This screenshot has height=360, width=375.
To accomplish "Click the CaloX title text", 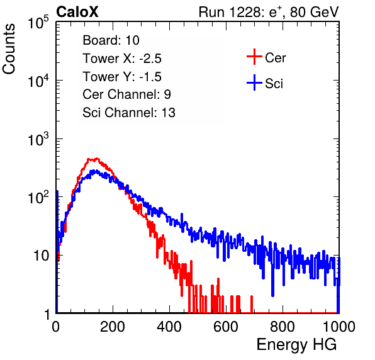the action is (x=77, y=12).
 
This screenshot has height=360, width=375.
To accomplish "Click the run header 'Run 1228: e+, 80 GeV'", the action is (x=269, y=12).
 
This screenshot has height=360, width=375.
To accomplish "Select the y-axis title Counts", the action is (x=9, y=49).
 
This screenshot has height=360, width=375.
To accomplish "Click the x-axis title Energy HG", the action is (x=296, y=345).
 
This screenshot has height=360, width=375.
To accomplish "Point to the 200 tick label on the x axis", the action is (x=113, y=327).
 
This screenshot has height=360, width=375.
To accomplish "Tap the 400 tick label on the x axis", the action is (x=169, y=327).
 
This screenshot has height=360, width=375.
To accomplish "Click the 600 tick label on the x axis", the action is (x=226, y=327).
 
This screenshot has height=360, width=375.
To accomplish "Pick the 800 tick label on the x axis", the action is (x=283, y=327).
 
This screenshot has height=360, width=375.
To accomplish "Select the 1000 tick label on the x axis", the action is (x=339, y=327).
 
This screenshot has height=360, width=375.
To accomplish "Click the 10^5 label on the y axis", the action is (x=38, y=22).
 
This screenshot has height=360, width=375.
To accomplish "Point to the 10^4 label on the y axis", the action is (x=38, y=81).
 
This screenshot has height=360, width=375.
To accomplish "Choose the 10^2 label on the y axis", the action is (x=38, y=197).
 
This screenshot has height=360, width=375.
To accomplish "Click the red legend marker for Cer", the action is (x=254, y=57).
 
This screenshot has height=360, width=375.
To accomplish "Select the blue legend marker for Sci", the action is (x=254, y=82).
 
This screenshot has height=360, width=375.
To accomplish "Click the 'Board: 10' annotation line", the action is (x=111, y=40).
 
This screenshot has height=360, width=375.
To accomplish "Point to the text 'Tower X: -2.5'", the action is (x=122, y=59).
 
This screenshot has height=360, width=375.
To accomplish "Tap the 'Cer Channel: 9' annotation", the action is (x=126, y=94).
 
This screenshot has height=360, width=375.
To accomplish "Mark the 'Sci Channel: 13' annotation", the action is (x=129, y=113).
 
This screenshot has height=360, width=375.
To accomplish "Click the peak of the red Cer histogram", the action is (x=97, y=159).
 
